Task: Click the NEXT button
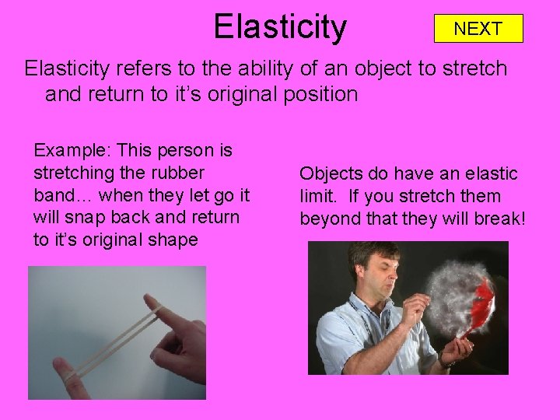478,29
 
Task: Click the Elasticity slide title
280,26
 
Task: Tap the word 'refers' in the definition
133,68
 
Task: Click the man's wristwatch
446,360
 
